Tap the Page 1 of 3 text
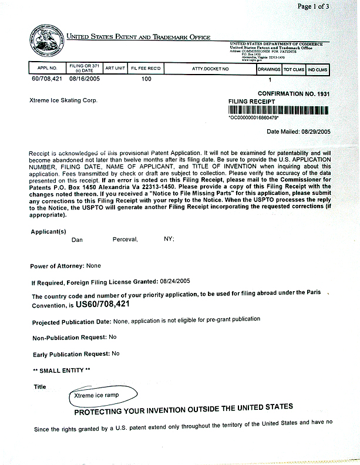[329, 6]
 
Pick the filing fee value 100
[146, 78]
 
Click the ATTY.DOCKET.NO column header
[210, 69]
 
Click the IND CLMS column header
[318, 69]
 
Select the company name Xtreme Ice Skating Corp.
[63, 100]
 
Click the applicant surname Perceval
[125, 240]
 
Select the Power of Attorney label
[58, 266]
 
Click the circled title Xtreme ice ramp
[96, 395]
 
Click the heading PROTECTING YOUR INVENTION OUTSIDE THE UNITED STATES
[184, 407]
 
